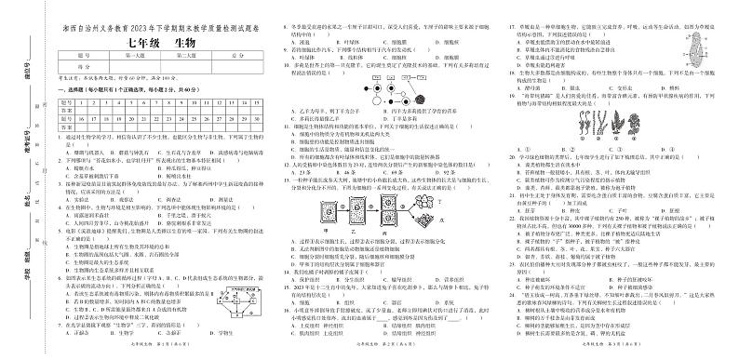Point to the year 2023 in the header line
coord(130,27)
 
